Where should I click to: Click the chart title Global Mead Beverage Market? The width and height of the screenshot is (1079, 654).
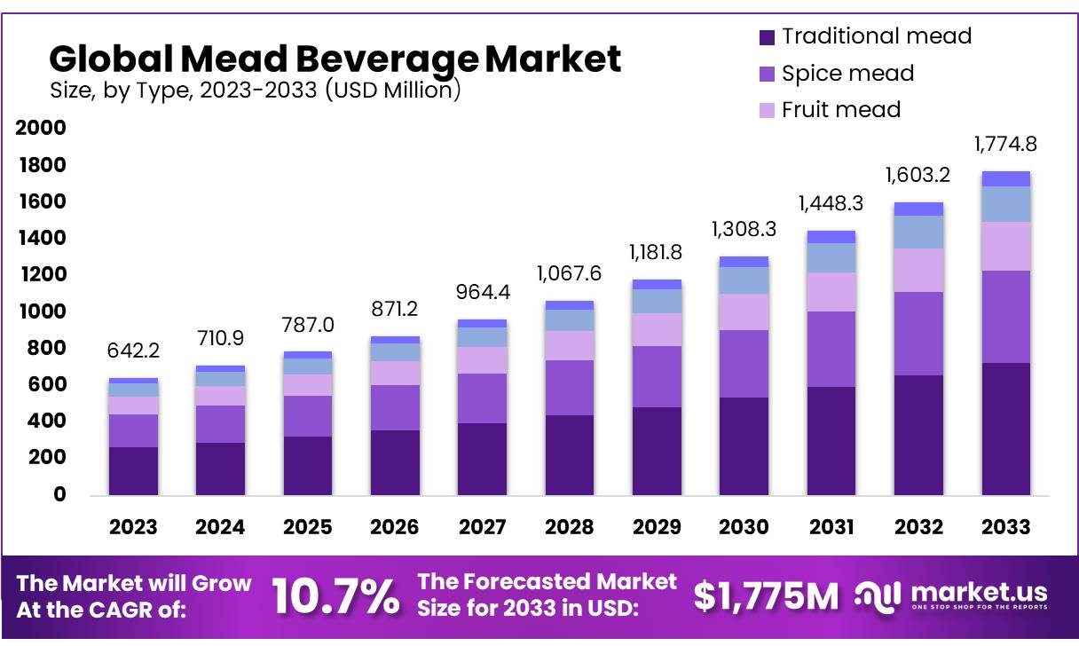[x=335, y=59]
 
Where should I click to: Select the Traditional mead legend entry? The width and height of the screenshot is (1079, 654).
[x=865, y=36]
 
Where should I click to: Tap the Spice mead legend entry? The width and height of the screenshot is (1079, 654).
[x=836, y=73]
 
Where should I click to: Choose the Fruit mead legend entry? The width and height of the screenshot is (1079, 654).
[x=830, y=109]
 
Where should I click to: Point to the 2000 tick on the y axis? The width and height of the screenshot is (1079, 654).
[x=41, y=128]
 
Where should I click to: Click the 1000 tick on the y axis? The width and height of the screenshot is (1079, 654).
[x=41, y=311]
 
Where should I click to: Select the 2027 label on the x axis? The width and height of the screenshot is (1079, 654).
[x=483, y=527]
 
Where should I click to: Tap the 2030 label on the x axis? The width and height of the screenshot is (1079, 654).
[x=744, y=527]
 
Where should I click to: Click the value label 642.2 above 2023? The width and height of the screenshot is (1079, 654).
[x=133, y=351]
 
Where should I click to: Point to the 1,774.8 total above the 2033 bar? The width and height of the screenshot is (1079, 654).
[x=1005, y=144]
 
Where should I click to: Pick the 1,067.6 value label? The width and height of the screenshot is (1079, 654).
[x=569, y=273]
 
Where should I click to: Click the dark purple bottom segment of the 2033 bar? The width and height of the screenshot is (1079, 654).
[x=1005, y=429]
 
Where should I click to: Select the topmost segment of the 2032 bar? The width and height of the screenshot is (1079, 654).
[x=918, y=209]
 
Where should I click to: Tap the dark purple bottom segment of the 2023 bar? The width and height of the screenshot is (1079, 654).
[x=133, y=470]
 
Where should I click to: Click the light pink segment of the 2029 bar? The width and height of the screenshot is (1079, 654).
[x=657, y=329]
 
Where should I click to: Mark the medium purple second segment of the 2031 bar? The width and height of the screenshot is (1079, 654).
[x=831, y=349]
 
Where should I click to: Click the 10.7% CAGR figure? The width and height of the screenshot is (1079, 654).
[x=335, y=595]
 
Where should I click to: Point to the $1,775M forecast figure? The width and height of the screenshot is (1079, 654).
[x=765, y=596]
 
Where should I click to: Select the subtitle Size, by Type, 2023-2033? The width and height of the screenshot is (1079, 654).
[x=255, y=90]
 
